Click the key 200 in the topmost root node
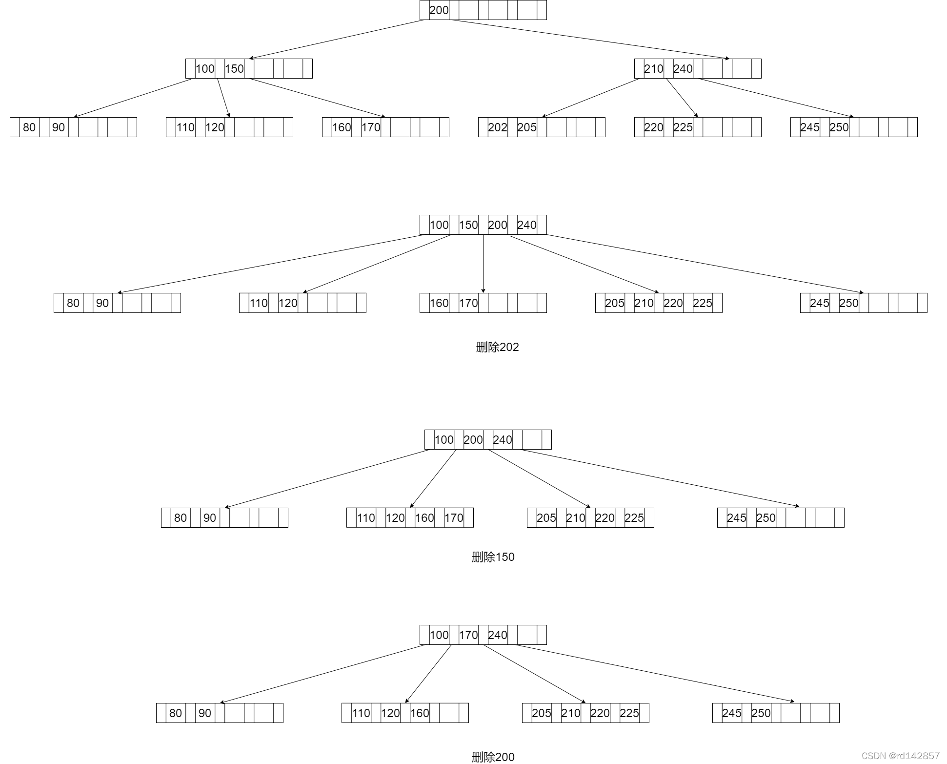coord(439,10)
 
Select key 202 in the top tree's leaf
coord(497,127)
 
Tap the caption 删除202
coord(497,347)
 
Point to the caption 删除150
coord(493,557)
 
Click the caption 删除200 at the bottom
coord(493,757)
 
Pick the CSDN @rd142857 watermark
coord(900,756)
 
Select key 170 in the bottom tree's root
coord(468,635)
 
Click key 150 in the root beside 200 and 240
coord(468,225)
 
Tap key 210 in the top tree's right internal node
coord(653,69)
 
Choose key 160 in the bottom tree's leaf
coord(419,713)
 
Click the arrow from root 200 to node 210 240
coord(590,39)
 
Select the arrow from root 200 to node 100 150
coord(337,39)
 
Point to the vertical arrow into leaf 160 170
coord(483,264)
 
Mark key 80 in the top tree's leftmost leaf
coord(29,127)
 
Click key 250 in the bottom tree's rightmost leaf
coord(761,713)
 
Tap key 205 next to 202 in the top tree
coord(526,127)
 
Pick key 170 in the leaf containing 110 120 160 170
coord(454,518)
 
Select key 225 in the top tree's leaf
coord(683,127)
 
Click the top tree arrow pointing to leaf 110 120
coord(223,98)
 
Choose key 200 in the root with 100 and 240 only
coord(473,440)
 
